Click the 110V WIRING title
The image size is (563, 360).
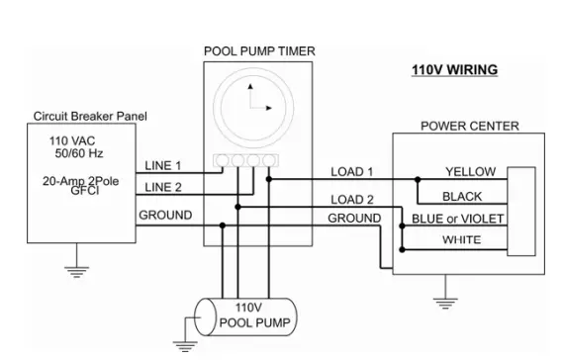[x=454, y=71]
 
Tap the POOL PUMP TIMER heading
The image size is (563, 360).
[x=259, y=50]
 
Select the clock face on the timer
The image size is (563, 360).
[x=259, y=103]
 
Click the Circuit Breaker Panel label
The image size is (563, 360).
[x=89, y=117]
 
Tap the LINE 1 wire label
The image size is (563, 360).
[x=164, y=164]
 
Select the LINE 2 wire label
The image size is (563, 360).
[x=164, y=187]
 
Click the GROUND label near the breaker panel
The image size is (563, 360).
[x=165, y=215]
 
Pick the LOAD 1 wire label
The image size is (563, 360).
[x=351, y=172]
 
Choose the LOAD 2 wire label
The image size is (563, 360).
[x=351, y=201]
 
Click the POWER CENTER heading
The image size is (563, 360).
[x=469, y=126]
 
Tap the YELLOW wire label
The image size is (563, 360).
[x=470, y=172]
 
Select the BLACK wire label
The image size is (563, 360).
[x=462, y=197]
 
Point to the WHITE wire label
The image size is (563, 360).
[x=462, y=239]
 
